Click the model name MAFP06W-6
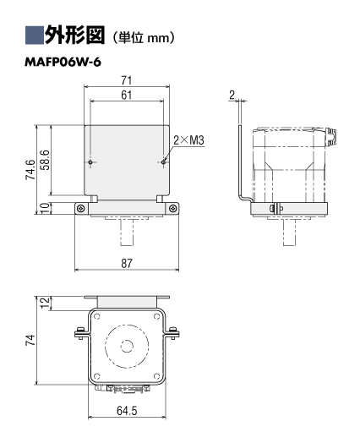click(63, 63)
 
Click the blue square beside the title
click(35, 36)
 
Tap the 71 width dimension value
click(127, 80)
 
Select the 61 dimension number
click(127, 95)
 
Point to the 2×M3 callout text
click(188, 140)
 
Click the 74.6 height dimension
click(30, 170)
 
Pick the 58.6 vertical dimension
click(45, 160)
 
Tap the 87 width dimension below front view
click(127, 263)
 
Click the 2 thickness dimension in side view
click(232, 96)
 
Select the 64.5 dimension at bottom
click(127, 411)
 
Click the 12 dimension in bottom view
click(45, 304)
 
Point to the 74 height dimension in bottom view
click(30, 340)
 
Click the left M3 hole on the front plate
click(90, 162)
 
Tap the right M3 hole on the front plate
click(163, 162)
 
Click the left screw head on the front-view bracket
click(81, 209)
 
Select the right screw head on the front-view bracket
click(172, 209)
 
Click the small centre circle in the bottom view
click(127, 346)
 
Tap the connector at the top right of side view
click(330, 137)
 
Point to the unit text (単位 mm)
click(144, 37)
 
